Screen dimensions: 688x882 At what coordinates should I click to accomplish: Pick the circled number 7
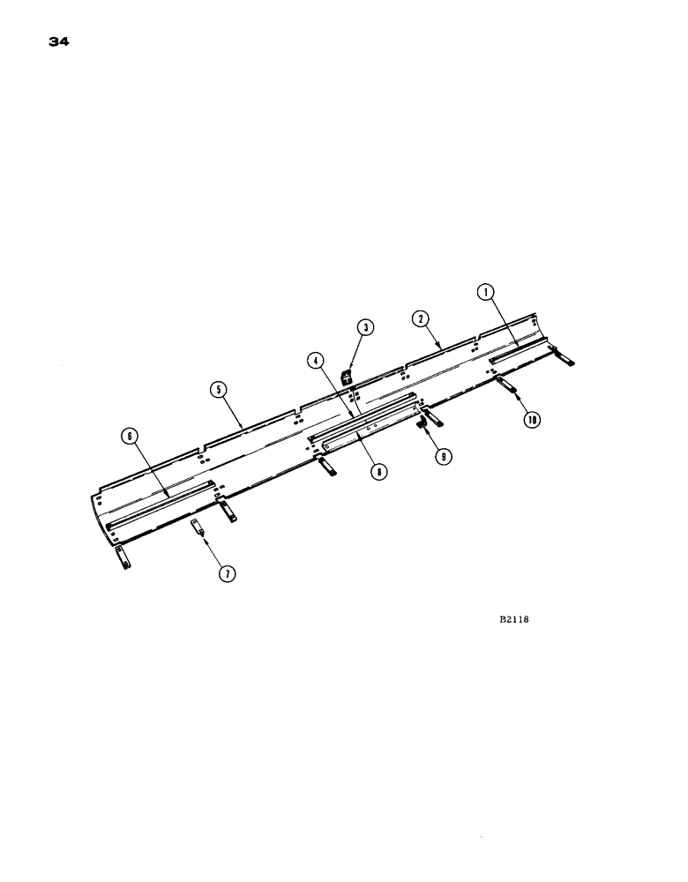click(227, 574)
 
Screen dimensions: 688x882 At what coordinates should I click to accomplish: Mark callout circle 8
click(378, 473)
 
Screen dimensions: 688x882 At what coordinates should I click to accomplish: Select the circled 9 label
click(440, 455)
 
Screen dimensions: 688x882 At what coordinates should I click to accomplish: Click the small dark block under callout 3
click(348, 378)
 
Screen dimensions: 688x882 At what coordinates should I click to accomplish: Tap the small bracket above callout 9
click(423, 425)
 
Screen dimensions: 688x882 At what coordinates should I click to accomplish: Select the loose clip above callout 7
click(198, 528)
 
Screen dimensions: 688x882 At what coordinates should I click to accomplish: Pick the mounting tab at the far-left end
click(121, 557)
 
